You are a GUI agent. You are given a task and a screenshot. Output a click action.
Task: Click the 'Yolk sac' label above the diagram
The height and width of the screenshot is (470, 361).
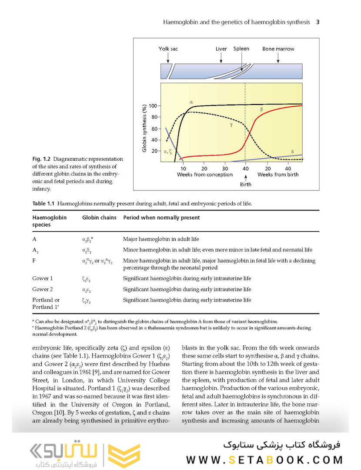click(168, 49)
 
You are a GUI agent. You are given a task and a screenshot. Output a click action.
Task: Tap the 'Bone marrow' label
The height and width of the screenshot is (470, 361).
click(278, 49)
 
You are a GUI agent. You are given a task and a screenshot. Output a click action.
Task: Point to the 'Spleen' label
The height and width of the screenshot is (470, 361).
click(241, 49)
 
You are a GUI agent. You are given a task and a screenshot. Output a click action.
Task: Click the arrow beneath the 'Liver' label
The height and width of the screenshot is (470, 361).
click(221, 57)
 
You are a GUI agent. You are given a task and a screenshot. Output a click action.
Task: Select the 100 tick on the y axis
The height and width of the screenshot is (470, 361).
click(152, 106)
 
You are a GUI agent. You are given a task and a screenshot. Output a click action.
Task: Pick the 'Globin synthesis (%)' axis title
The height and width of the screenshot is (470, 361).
click(144, 128)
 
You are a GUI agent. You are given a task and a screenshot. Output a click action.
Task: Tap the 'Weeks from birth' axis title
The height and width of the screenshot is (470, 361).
click(279, 175)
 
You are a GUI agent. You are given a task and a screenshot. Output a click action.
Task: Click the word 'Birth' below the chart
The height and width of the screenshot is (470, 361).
click(245, 184)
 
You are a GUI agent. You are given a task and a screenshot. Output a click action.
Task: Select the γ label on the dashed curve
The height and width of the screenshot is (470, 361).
click(231, 125)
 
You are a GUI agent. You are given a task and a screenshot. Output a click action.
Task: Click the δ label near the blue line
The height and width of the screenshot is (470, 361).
click(292, 152)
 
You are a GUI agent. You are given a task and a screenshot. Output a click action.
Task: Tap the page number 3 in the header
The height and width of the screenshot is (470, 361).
click(318, 22)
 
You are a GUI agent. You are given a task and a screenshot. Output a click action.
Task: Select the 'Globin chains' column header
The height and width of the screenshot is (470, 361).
click(99, 217)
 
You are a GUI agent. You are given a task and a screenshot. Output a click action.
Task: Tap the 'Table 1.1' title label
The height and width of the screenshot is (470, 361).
click(43, 203)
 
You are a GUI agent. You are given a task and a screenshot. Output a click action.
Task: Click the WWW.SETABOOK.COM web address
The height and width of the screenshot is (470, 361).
click(264, 460)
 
